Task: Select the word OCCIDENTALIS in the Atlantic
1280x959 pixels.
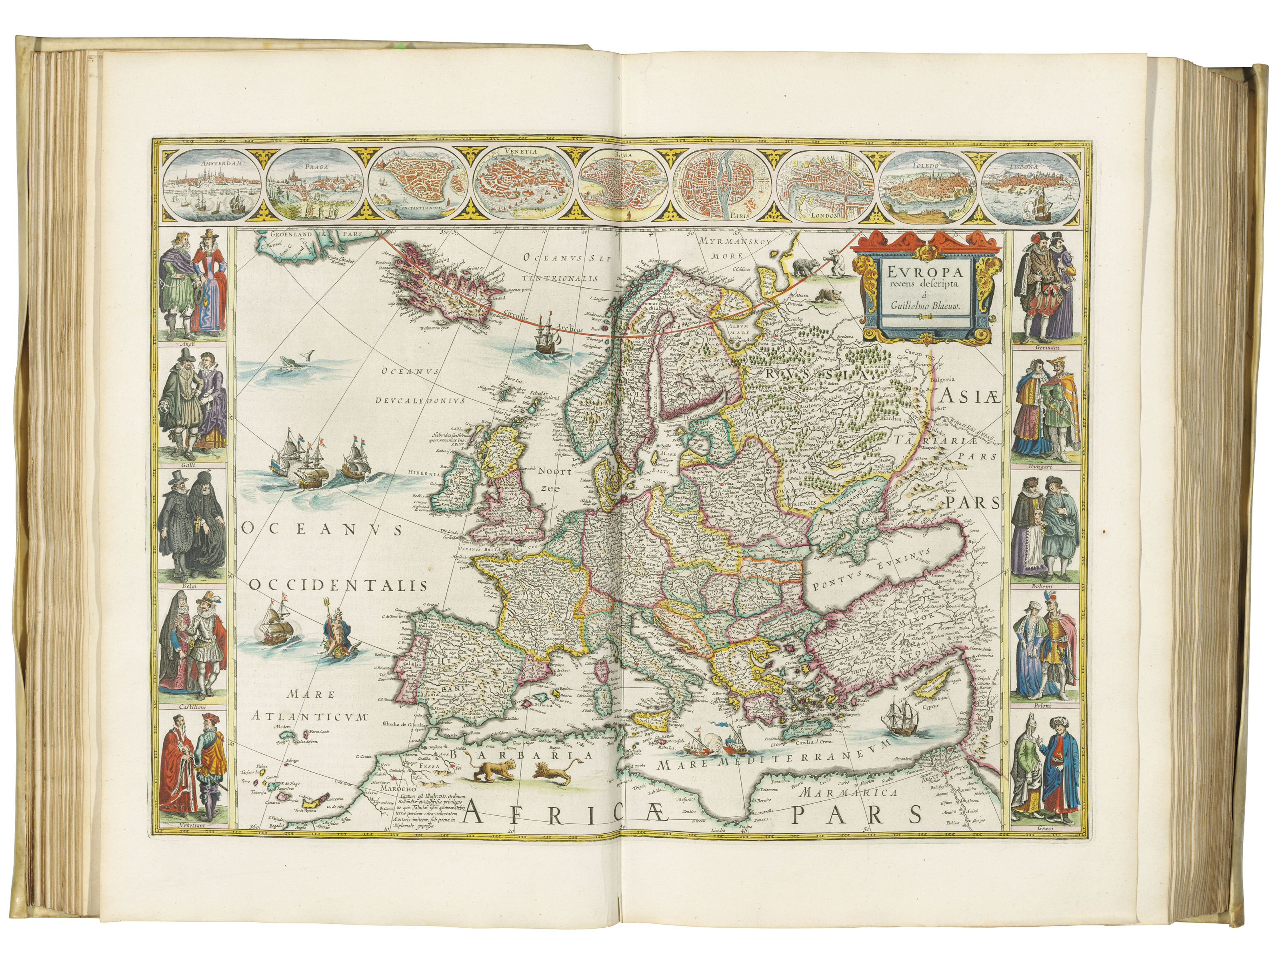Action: [x=339, y=586]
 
